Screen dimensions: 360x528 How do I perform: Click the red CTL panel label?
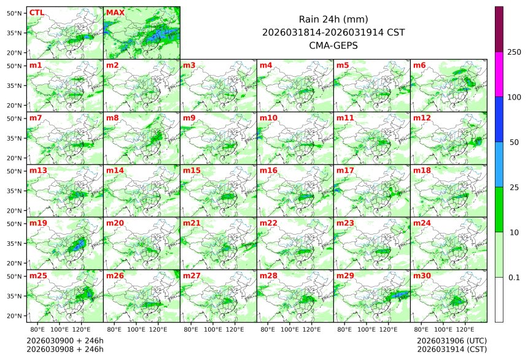pos(36,12)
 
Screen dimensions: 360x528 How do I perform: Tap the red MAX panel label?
pos(114,12)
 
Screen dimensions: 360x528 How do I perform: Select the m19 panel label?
pos(37,223)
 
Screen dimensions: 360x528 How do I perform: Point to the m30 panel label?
pos(421,276)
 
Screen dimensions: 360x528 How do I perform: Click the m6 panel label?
pos(419,65)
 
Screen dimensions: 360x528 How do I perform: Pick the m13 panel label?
pos(37,170)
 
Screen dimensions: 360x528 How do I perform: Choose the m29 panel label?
pos(344,276)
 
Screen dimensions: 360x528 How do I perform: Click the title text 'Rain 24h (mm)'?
pos(333,19)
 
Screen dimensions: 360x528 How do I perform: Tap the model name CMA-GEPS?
pos(333,45)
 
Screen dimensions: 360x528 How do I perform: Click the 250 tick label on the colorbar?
pos(514,52)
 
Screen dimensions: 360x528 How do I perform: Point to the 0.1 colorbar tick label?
pos(514,277)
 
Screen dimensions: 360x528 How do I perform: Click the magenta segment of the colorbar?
pos(499,74)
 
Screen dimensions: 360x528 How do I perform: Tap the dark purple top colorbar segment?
pos(499,29)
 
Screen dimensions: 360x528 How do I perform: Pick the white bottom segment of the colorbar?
pos(499,299)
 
